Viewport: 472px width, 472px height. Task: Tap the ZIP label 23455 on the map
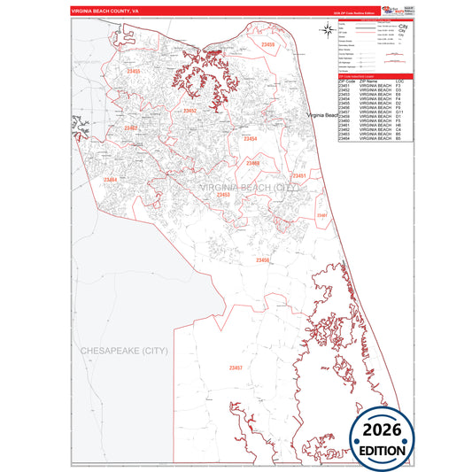point(133,71)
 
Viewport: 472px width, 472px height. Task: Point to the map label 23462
point(132,128)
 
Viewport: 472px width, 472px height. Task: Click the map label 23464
point(110,180)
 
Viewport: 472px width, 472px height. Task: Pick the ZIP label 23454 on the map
point(251,139)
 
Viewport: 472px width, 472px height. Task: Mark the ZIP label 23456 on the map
point(261,260)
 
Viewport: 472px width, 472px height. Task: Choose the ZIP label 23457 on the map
point(235,367)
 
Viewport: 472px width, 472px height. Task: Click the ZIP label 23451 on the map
point(299,176)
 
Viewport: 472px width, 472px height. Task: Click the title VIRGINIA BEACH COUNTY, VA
point(107,11)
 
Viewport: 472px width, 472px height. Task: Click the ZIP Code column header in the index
point(349,81)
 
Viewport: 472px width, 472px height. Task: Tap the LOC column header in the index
point(399,81)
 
